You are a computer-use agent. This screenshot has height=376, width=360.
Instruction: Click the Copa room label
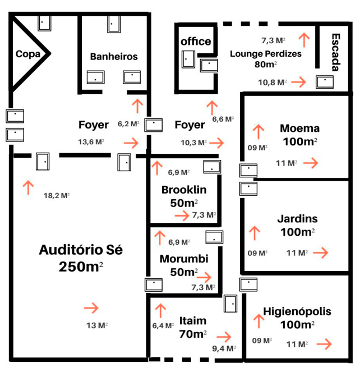pos(27,54)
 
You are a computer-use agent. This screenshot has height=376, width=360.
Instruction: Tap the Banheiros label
pos(114,57)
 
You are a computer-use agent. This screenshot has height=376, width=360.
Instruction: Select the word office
pos(196,42)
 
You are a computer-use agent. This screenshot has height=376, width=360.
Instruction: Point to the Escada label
pos(336,53)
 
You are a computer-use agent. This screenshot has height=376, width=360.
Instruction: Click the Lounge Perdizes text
pos(266,54)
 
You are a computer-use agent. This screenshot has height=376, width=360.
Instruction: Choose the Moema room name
pos(299,128)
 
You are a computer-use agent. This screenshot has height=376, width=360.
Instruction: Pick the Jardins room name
pos(297,218)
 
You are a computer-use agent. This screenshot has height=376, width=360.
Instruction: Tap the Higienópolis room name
pos(297,311)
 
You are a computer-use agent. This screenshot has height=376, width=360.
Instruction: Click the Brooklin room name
pos(184,190)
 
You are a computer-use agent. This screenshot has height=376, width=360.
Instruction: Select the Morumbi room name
pos(184,259)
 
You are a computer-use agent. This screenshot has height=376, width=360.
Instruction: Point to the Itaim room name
pos(193,321)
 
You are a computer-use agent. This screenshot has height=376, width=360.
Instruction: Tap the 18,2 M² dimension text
pos(57,195)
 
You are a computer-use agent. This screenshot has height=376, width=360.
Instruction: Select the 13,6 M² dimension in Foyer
pos(91,142)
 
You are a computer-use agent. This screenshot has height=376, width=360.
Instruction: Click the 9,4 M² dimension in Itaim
pos(224,349)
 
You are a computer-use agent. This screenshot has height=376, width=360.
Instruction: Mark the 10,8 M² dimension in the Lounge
pos(272,82)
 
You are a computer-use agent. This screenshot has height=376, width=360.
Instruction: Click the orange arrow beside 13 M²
pos(90,308)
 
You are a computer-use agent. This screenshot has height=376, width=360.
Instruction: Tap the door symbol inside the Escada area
pos(324,81)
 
